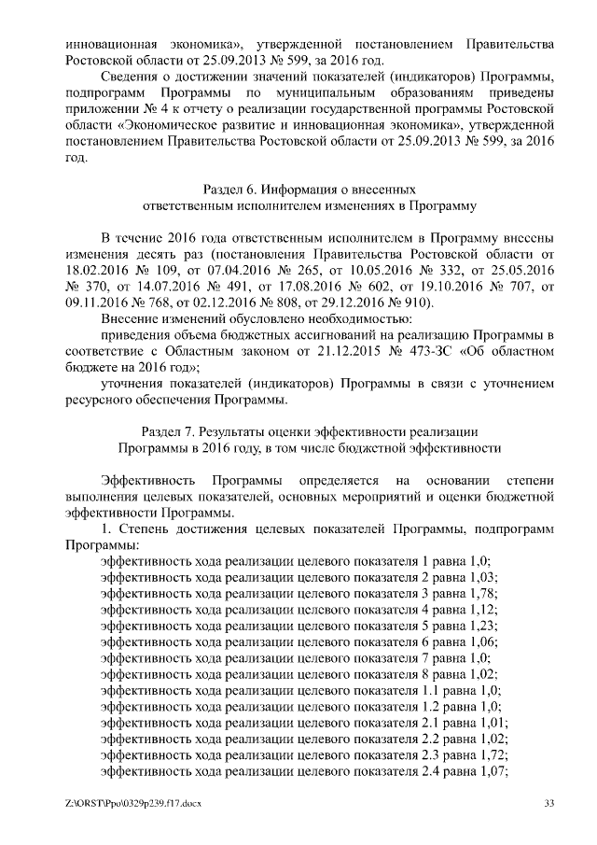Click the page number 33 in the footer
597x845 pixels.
coord(548,804)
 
